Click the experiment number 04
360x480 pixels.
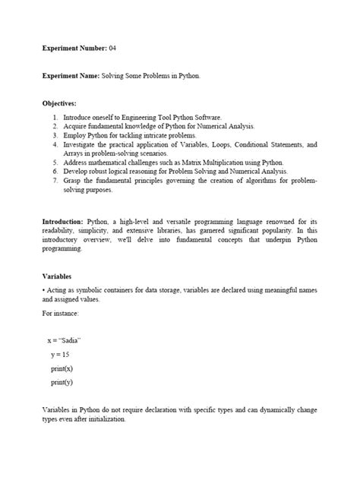[112, 47]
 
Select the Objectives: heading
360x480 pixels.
[60, 103]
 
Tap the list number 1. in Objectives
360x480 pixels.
[55, 118]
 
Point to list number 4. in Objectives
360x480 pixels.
[55, 144]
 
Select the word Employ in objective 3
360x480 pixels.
[75, 134]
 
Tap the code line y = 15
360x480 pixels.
[61, 355]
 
